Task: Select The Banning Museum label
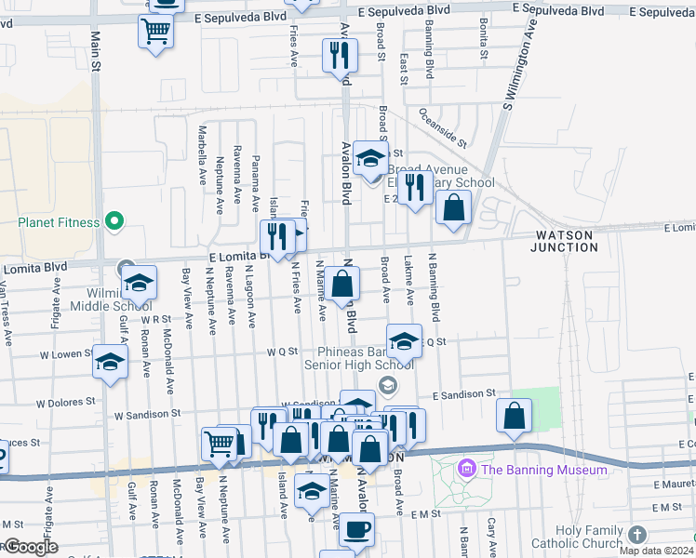[x=543, y=470]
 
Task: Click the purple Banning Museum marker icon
[x=467, y=469]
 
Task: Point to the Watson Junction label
[x=564, y=242]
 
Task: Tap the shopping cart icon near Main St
[x=156, y=31]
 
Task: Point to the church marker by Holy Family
[x=636, y=536]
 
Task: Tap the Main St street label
[x=95, y=51]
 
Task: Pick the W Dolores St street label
[x=68, y=404]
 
